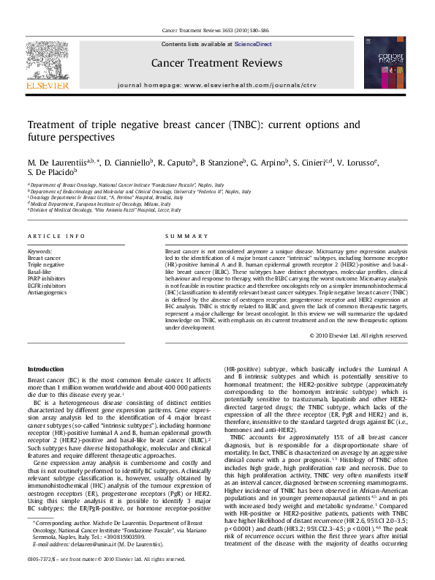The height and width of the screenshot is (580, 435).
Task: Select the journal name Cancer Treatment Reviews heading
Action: point(216,64)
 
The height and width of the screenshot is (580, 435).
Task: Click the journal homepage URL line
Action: point(216,85)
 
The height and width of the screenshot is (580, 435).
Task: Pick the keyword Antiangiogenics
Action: point(48,291)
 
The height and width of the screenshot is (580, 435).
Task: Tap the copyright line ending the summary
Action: point(358,335)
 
